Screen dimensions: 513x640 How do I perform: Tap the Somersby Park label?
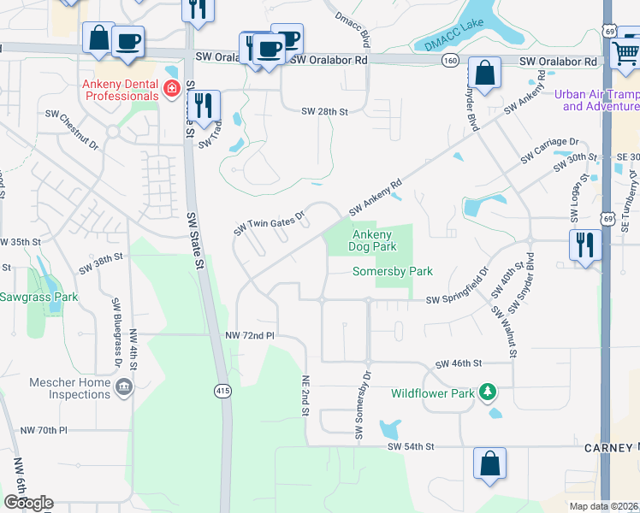pos(394,271)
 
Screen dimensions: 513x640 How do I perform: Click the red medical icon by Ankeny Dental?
pos(172,89)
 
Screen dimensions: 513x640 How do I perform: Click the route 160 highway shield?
pos(449,61)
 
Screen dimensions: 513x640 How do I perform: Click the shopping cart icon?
pos(626,53)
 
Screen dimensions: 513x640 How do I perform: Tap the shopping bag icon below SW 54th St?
pos(490,463)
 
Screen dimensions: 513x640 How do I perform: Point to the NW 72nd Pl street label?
pos(249,336)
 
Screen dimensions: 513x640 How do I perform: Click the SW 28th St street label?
pos(325,112)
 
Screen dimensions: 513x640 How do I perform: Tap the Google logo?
pos(28,503)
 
